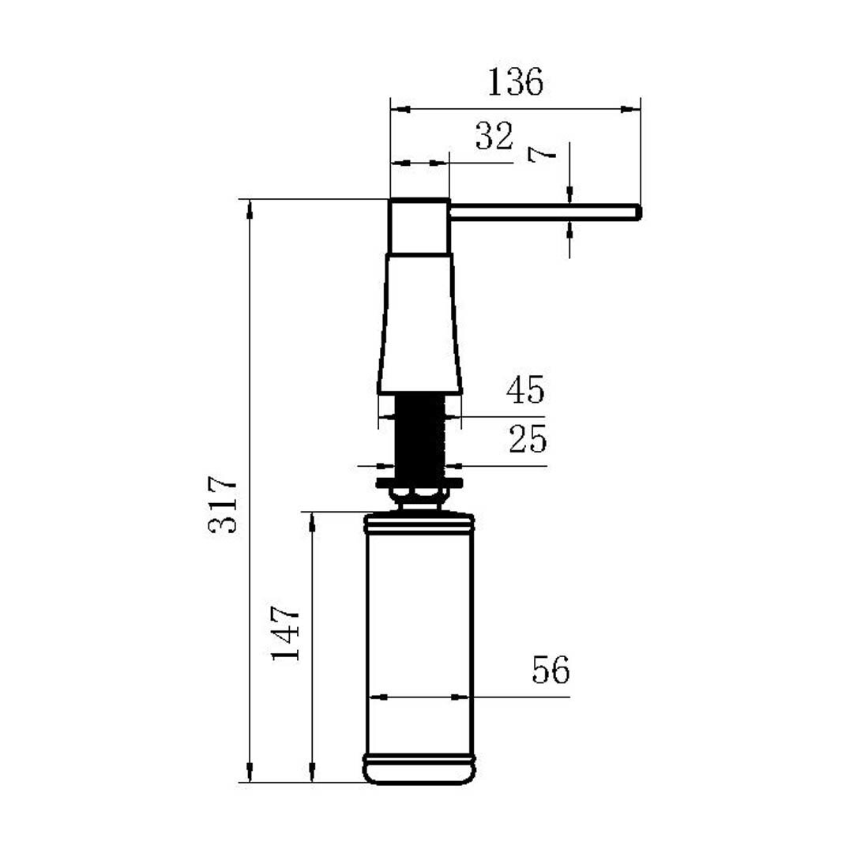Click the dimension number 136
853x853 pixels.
click(515, 82)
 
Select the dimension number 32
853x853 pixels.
click(494, 136)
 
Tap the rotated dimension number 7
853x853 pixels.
click(543, 155)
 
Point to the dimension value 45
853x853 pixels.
click(525, 389)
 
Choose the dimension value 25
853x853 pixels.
click(528, 439)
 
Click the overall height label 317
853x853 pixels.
click(223, 504)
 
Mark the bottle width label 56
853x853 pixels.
click(551, 670)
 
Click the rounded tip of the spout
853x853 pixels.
click(638, 212)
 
